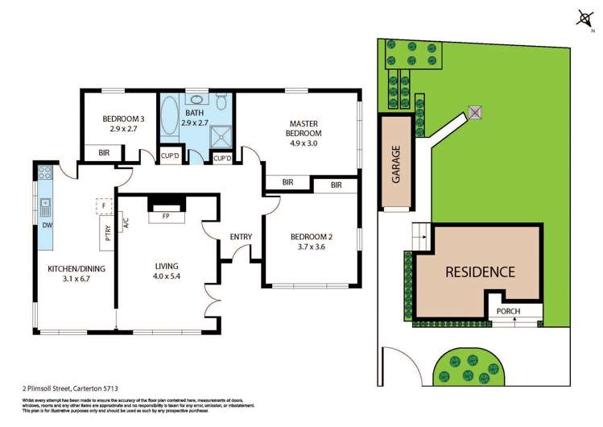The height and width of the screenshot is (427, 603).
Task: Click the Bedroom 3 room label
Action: click(x=118, y=119)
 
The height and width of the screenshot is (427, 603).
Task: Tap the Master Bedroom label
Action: click(x=305, y=128)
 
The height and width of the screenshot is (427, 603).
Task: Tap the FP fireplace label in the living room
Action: click(x=166, y=216)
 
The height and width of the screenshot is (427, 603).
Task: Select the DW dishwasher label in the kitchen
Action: click(x=47, y=226)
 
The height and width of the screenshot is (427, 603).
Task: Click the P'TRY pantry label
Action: click(x=108, y=234)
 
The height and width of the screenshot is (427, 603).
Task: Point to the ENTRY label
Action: click(x=240, y=236)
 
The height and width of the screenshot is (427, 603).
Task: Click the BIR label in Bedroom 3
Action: click(x=104, y=152)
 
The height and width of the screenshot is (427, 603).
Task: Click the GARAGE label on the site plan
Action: click(x=396, y=164)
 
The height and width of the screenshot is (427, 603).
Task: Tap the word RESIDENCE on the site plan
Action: click(x=480, y=272)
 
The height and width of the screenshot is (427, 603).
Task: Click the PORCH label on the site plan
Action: click(x=509, y=311)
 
